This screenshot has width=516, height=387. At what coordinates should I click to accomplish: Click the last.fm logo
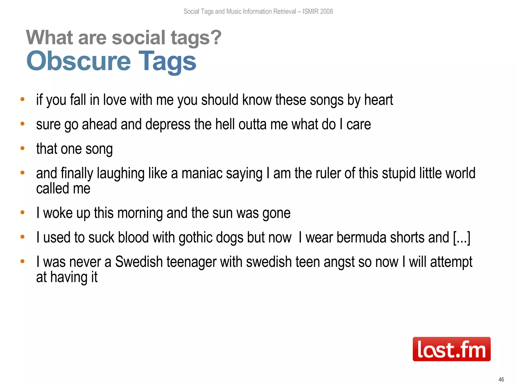coord(451,349)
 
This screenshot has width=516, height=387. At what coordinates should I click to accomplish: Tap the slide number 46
coord(501,379)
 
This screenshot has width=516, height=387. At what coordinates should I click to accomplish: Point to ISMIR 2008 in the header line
coord(317,11)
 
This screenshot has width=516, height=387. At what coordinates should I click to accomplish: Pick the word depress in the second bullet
coord(168,124)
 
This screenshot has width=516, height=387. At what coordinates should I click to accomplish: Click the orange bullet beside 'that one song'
coord(22,148)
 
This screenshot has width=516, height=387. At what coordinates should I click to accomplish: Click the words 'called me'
coord(63,188)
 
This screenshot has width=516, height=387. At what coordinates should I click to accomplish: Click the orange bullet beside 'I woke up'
coord(22,212)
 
